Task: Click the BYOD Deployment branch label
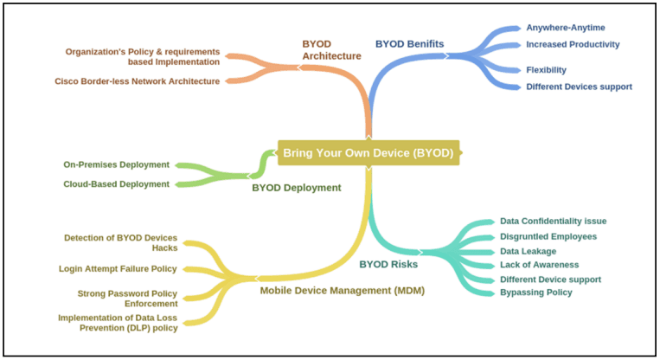(x=297, y=187)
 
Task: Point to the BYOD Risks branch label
(x=388, y=263)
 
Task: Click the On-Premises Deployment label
(x=117, y=164)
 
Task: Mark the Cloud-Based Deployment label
(x=117, y=183)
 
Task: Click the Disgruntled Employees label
(x=548, y=236)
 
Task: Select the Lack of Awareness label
(x=539, y=265)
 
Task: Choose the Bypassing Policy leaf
(x=535, y=292)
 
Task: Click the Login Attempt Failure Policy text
(x=118, y=269)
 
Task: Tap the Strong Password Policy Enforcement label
(x=127, y=299)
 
